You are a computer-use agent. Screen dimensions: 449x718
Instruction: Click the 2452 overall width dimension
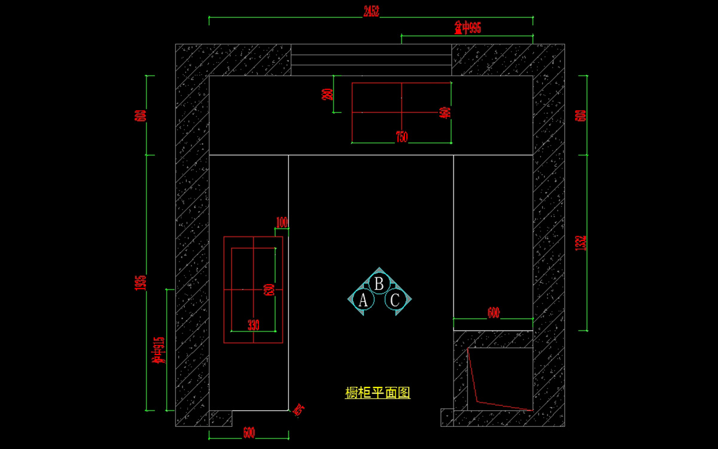click(371, 11)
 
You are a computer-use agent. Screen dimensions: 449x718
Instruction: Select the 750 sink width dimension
click(401, 137)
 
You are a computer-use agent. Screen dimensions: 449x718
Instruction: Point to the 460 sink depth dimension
click(445, 112)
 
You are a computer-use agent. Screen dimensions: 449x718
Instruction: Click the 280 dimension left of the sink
click(327, 94)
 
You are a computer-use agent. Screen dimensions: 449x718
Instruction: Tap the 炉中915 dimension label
click(159, 350)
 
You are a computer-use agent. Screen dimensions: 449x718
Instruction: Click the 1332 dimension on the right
click(580, 243)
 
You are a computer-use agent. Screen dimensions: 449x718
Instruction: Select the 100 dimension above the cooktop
click(282, 222)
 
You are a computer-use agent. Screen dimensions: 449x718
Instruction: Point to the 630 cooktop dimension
click(269, 290)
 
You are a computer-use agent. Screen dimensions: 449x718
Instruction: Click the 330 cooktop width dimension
click(254, 325)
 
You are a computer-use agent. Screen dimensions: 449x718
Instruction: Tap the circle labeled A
click(363, 301)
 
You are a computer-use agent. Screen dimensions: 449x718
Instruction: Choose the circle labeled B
click(379, 283)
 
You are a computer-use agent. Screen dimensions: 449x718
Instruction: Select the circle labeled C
click(395, 301)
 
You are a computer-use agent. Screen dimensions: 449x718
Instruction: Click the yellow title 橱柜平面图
click(378, 393)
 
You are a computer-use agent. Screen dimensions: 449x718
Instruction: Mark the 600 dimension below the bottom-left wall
click(249, 433)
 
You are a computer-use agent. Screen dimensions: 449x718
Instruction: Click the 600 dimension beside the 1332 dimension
click(580, 115)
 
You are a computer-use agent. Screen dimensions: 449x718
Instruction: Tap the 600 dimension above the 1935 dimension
click(141, 115)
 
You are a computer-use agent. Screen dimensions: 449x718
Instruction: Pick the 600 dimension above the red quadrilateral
click(493, 313)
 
